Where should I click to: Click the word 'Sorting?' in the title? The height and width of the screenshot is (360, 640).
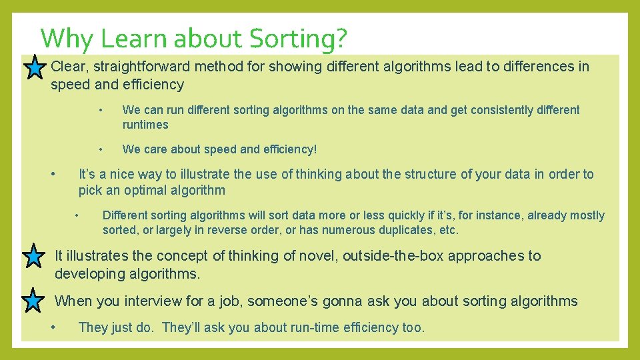298,39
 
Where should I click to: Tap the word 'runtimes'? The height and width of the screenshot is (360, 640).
145,125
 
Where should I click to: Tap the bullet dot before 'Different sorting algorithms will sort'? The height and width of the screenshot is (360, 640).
77,215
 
